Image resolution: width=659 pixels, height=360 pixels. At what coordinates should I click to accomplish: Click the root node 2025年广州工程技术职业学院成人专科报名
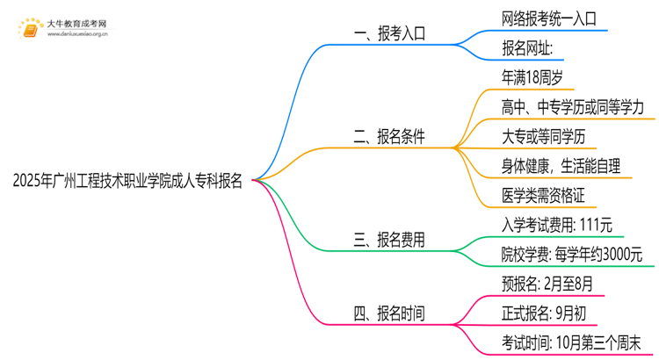(x=128, y=182)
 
